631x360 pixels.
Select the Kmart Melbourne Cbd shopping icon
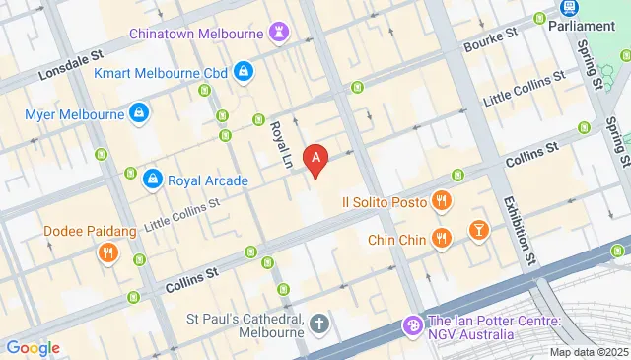click(x=243, y=72)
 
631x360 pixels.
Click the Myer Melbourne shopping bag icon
click(x=140, y=113)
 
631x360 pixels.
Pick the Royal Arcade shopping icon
click(x=152, y=180)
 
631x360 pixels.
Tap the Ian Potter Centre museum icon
click(x=412, y=324)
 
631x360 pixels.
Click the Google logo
click(x=33, y=347)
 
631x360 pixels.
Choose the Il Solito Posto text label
click(x=385, y=202)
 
